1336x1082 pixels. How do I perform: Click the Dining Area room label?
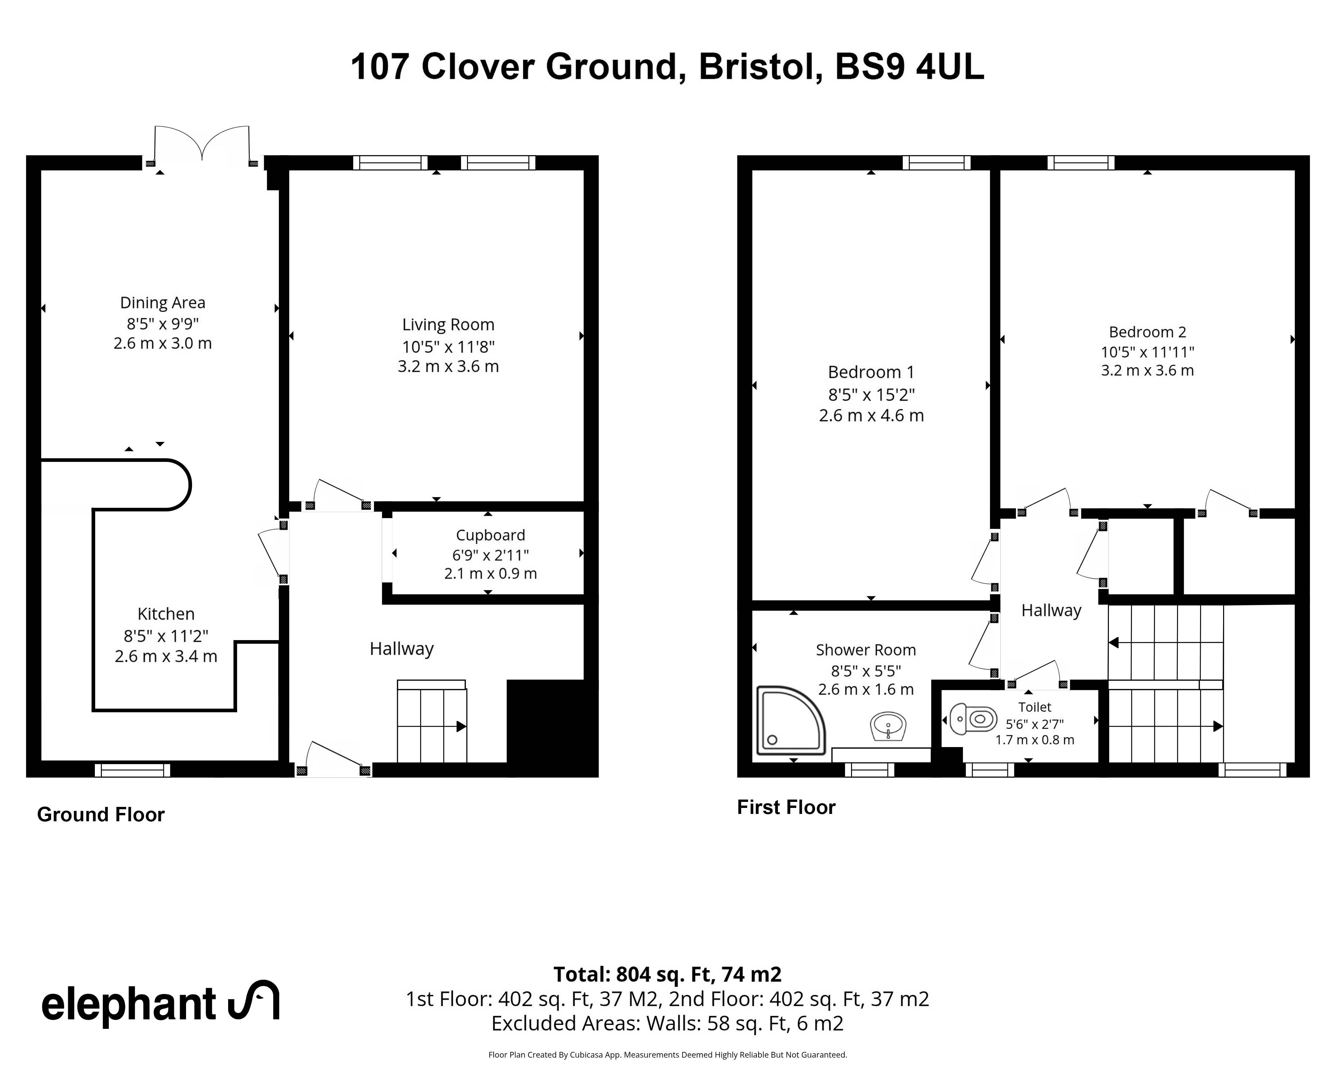pyautogui.click(x=163, y=303)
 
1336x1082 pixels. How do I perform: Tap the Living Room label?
pyautogui.click(x=449, y=325)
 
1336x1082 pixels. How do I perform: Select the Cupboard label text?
pyautogui.click(x=491, y=535)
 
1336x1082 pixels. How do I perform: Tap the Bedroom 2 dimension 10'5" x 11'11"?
pyautogui.click(x=1147, y=352)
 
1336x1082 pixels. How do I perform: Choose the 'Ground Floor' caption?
pyautogui.click(x=101, y=815)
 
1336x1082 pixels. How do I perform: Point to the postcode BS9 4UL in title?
pyautogui.click(x=909, y=67)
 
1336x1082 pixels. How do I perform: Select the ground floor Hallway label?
pyautogui.click(x=402, y=649)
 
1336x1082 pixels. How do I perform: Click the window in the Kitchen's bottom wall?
pyautogui.click(x=132, y=770)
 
